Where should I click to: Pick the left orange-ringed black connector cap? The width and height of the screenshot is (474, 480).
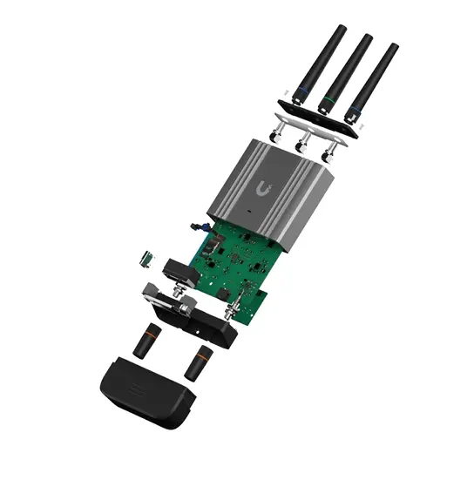click(x=148, y=339)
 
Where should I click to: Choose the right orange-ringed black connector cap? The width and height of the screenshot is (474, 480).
click(x=200, y=362)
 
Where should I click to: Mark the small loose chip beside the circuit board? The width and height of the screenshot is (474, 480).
click(x=146, y=257)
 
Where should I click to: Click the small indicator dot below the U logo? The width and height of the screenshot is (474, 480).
click(x=249, y=212)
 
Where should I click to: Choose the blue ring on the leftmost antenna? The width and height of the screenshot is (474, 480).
click(x=300, y=91)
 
